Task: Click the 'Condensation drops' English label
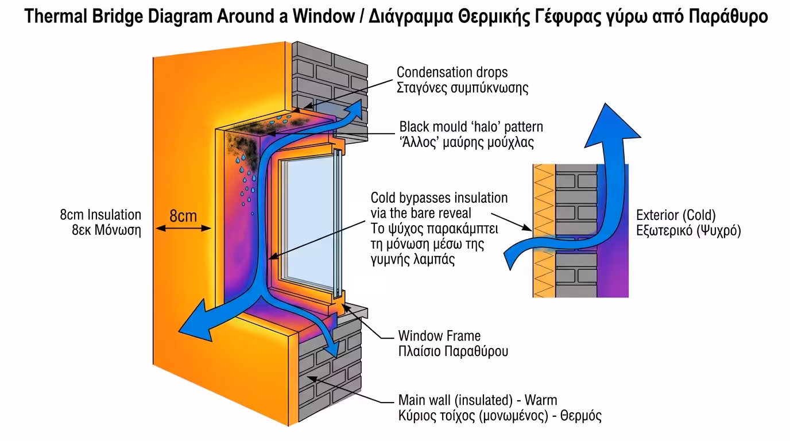click(x=452, y=73)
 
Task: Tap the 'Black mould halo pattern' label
click(x=471, y=126)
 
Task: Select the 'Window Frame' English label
click(x=439, y=335)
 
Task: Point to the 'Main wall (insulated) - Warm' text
click(x=478, y=400)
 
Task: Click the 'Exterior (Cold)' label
click(x=676, y=216)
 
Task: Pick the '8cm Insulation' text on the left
click(x=100, y=215)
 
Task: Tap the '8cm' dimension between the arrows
click(x=183, y=216)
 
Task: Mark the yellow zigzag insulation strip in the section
click(x=543, y=230)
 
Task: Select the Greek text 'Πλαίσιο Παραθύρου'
click(x=453, y=351)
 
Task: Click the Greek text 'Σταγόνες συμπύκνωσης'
click(x=463, y=88)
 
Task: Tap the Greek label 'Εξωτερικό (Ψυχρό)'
click(x=688, y=231)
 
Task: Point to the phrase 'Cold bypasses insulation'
click(x=439, y=198)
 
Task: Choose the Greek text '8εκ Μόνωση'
click(x=106, y=230)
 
